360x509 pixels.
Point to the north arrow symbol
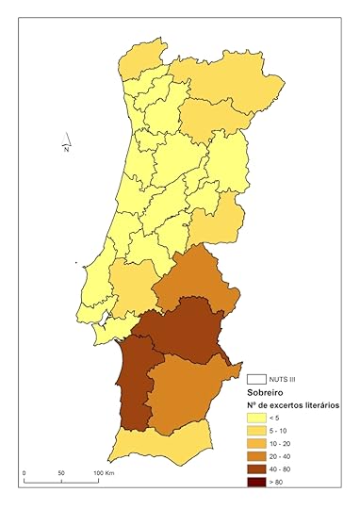64,140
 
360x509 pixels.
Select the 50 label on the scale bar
60,473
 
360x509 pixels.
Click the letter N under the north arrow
66,149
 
